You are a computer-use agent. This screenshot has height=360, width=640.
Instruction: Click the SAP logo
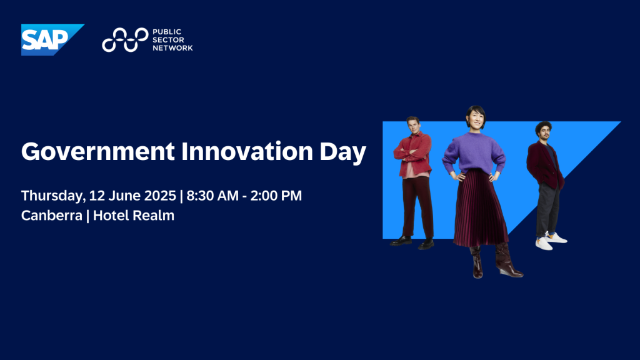52,39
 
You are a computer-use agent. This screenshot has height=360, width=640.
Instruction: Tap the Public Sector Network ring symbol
125,39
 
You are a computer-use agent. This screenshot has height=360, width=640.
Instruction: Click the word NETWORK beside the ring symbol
172,47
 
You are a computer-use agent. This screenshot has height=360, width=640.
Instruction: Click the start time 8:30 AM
212,196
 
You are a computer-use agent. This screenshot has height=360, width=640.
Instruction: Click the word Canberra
51,216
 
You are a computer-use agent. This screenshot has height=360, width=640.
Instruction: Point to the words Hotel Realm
134,215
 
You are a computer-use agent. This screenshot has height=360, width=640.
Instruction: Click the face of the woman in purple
476,119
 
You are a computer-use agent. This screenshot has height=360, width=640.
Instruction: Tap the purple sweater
474,152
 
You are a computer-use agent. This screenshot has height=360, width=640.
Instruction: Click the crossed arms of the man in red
412,155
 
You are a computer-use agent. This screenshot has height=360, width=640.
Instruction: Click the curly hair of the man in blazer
543,126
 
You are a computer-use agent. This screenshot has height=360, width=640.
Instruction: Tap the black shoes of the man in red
411,242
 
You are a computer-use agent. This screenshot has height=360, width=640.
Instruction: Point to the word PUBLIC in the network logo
166,32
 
